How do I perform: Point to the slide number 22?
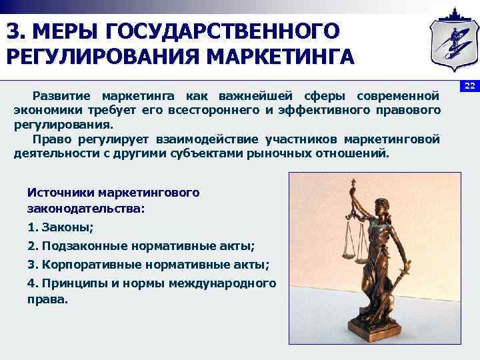click(469, 86)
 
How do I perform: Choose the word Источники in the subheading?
click(59, 192)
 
